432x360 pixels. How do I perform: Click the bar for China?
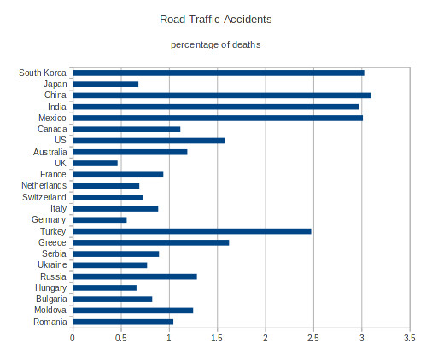(222, 96)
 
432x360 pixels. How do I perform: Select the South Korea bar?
(219, 73)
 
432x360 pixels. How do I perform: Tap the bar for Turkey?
(192, 231)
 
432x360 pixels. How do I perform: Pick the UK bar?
(95, 163)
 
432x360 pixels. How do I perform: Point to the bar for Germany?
(100, 220)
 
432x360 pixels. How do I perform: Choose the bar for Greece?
(151, 242)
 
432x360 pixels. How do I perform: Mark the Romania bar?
(123, 322)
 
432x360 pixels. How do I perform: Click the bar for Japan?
(106, 84)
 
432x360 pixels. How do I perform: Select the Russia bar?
(135, 276)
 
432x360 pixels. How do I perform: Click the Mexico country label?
(52, 118)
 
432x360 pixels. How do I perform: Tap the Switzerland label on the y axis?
(44, 197)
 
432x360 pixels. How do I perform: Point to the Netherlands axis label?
(44, 185)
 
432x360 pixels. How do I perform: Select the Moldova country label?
(50, 310)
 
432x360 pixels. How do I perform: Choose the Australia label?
(50, 152)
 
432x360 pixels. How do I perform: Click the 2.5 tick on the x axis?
(313, 338)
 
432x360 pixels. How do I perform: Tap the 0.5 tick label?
(121, 338)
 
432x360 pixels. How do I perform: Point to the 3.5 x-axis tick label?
(410, 338)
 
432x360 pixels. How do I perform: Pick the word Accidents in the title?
(248, 20)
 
